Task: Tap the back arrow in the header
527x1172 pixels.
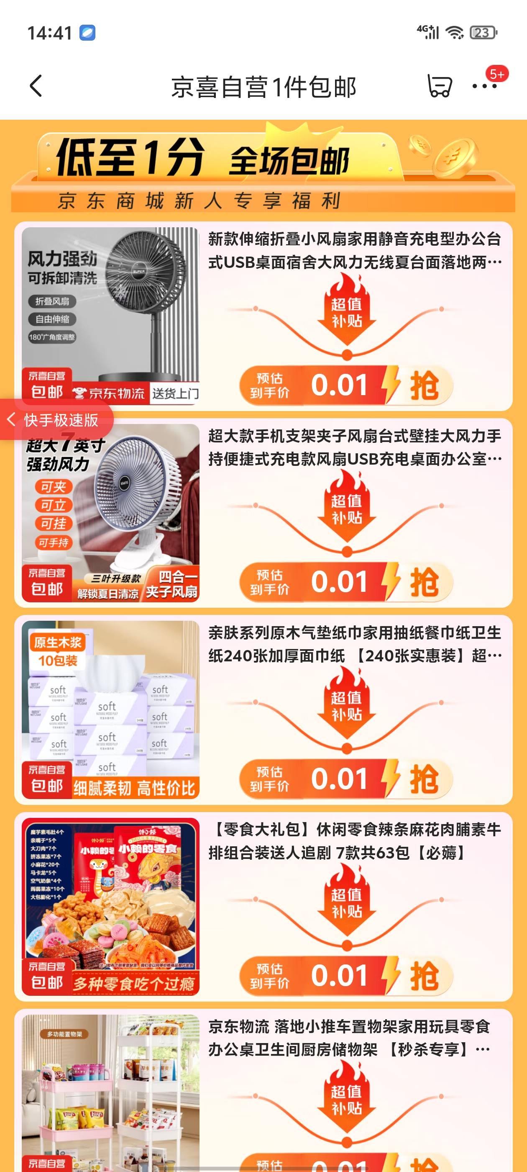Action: point(36,86)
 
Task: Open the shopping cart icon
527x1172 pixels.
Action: point(439,86)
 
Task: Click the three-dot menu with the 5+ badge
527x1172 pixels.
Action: point(485,86)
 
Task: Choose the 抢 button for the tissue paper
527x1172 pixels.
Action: point(424,779)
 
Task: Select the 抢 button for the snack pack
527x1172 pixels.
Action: point(424,977)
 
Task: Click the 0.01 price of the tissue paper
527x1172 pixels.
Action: point(339,779)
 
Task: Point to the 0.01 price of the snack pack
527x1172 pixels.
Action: point(339,977)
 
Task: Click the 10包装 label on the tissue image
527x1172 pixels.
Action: point(58,661)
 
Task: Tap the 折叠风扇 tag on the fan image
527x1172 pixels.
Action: point(52,301)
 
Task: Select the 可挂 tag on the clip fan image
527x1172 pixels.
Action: point(54,524)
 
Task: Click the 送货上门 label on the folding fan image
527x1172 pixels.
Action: point(175,393)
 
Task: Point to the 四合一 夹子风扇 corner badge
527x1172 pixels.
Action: point(172,584)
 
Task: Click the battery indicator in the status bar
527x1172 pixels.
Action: point(484,33)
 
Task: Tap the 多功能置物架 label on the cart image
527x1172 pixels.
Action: point(65,1034)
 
